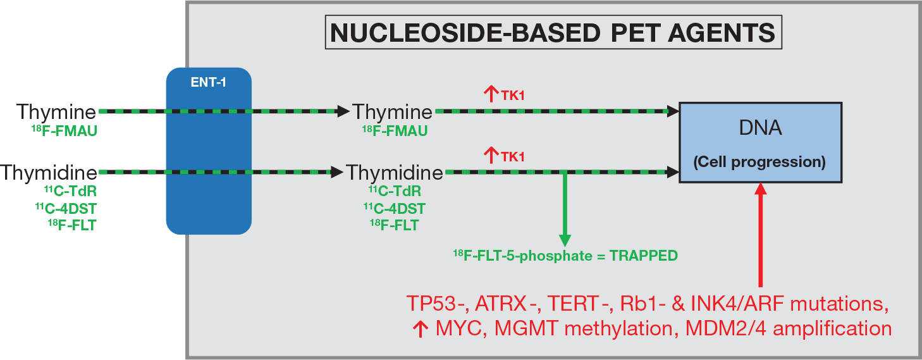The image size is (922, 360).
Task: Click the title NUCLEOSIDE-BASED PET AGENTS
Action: (553, 32)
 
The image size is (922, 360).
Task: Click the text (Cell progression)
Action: (759, 162)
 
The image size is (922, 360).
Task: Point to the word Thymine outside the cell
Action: (57, 112)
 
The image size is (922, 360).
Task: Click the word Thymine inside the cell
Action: (393, 112)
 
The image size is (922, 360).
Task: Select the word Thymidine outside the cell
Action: (49, 172)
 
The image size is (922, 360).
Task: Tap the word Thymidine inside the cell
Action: (395, 172)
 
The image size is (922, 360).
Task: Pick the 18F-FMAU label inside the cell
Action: (395, 131)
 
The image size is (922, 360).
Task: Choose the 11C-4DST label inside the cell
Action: (394, 208)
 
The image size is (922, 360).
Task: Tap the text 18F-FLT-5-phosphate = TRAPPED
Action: (565, 256)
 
